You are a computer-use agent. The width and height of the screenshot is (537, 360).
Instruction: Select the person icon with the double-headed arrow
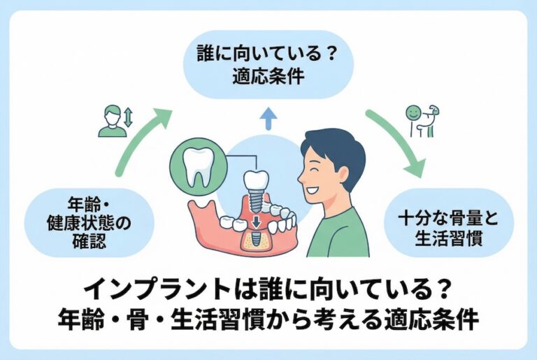(x=116, y=120)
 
